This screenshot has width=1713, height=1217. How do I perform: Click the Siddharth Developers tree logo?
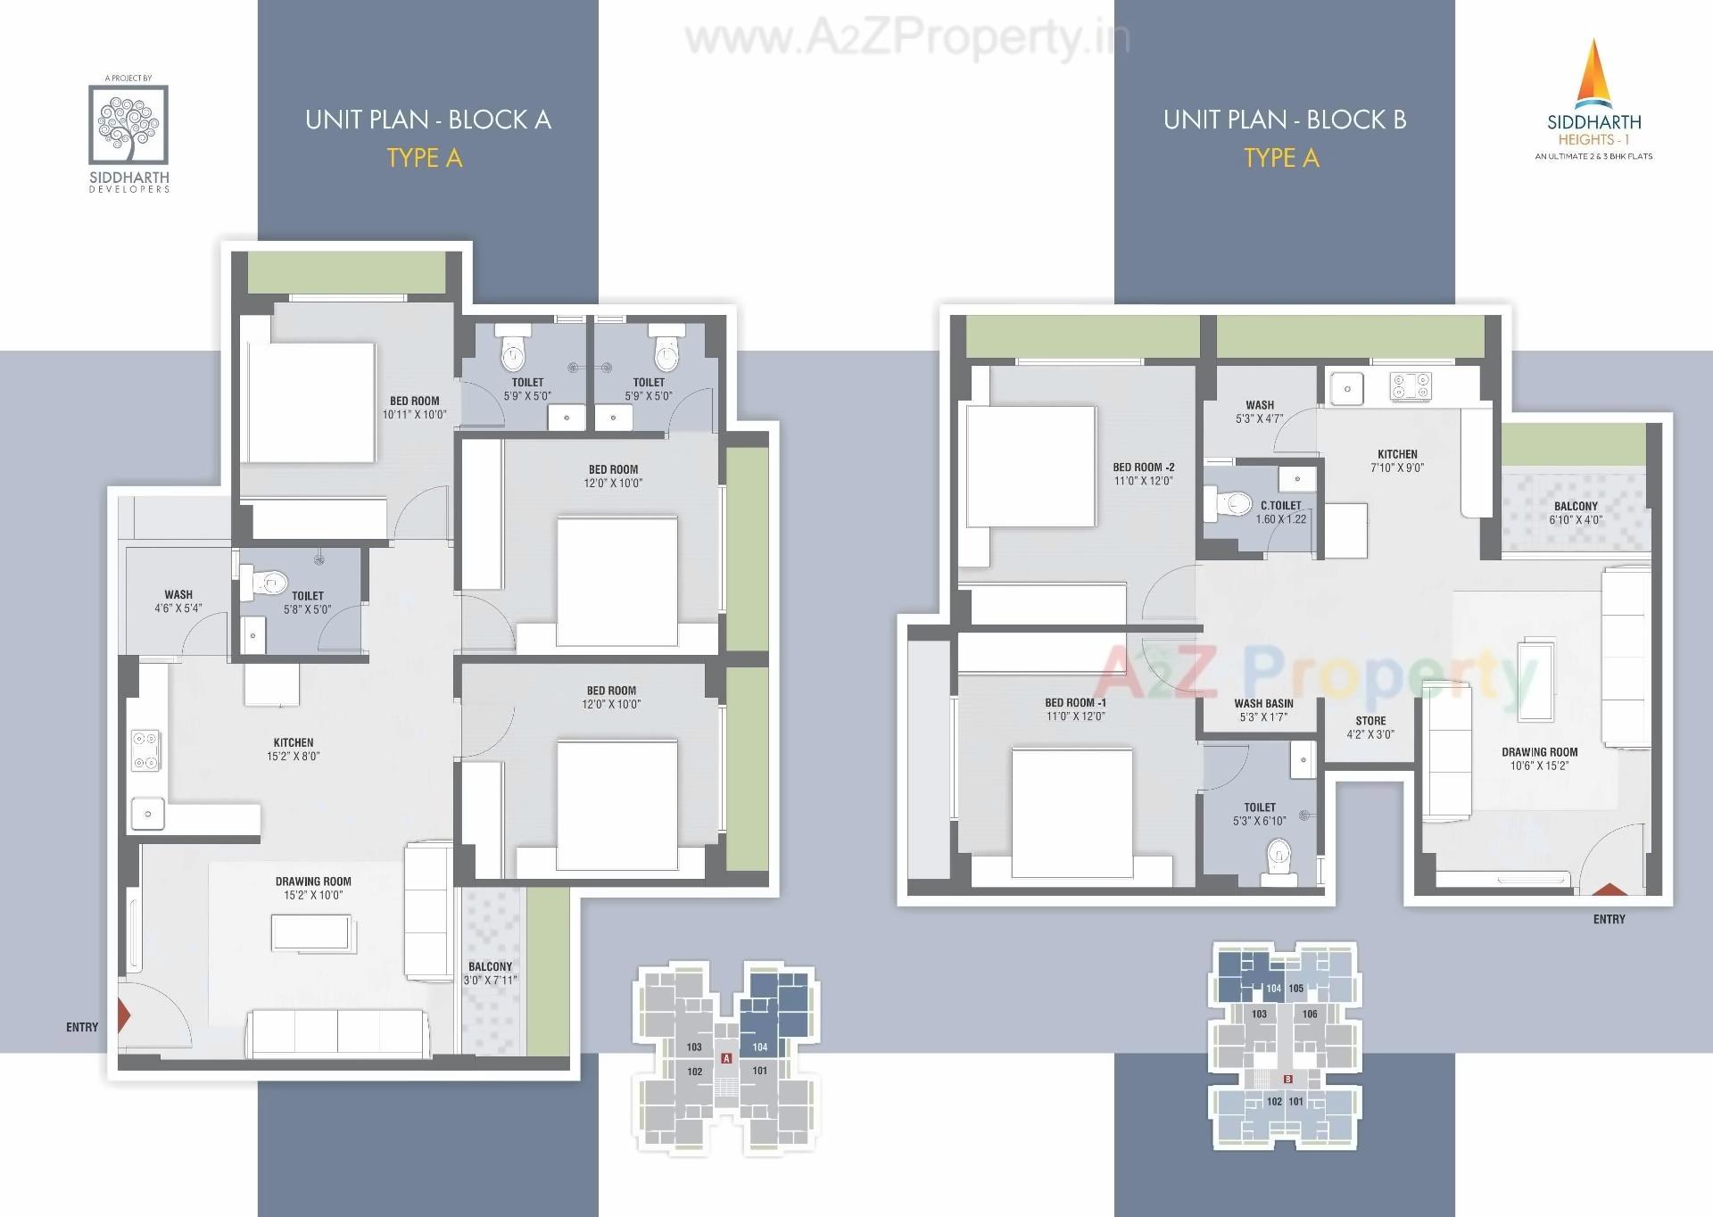coord(128,124)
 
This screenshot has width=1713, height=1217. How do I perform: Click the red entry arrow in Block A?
coord(124,1014)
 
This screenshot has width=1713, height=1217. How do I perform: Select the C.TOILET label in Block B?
coord(1281,505)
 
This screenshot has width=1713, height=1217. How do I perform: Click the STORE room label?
coord(1370,721)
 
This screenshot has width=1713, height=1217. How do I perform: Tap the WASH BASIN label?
coord(1263,703)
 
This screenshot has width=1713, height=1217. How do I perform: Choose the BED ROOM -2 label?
coord(1143,467)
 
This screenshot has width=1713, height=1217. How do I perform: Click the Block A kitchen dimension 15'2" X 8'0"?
coord(294,756)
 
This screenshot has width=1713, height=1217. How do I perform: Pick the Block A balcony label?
coord(490,966)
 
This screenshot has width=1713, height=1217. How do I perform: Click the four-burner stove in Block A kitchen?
coord(145,750)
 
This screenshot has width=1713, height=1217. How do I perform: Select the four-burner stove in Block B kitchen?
coord(1410,386)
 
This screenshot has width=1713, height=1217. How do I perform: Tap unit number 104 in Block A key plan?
coord(759,1047)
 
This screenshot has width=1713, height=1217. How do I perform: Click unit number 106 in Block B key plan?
coord(1310,1014)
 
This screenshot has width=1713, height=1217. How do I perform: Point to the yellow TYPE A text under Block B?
coord(1281,158)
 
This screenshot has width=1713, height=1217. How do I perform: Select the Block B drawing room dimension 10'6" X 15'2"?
coord(1539,766)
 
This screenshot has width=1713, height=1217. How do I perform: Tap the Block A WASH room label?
coord(178,594)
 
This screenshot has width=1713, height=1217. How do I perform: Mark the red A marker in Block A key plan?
coord(726,1058)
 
